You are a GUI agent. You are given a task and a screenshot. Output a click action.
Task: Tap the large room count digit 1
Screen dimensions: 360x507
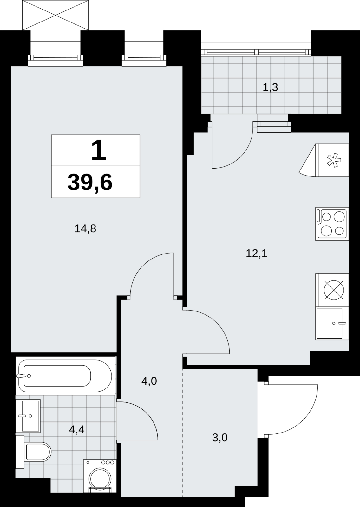pos(99,150)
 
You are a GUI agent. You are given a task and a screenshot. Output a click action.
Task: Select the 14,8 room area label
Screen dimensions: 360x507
pos(85,229)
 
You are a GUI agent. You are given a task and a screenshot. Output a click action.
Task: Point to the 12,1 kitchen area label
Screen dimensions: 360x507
pos(257,254)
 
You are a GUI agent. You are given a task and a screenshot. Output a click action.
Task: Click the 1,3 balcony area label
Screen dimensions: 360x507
pos(270,87)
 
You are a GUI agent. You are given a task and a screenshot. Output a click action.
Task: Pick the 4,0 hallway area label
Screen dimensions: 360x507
pos(149,382)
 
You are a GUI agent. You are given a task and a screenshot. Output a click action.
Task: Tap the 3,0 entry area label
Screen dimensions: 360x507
pos(220,438)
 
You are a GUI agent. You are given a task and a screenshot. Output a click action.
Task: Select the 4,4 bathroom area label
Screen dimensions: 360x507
pos(77,429)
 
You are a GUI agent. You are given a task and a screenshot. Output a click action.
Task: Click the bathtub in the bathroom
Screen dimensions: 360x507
pos(65,376)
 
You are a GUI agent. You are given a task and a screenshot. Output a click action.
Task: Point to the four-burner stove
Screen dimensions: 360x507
pos(332,224)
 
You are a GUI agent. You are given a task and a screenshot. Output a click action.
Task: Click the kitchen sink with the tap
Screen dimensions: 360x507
pos(332,323)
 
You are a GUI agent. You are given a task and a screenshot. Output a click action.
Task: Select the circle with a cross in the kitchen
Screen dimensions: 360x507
pos(334,290)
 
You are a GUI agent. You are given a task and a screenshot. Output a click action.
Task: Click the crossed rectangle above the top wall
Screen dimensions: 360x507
pos(56,15)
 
